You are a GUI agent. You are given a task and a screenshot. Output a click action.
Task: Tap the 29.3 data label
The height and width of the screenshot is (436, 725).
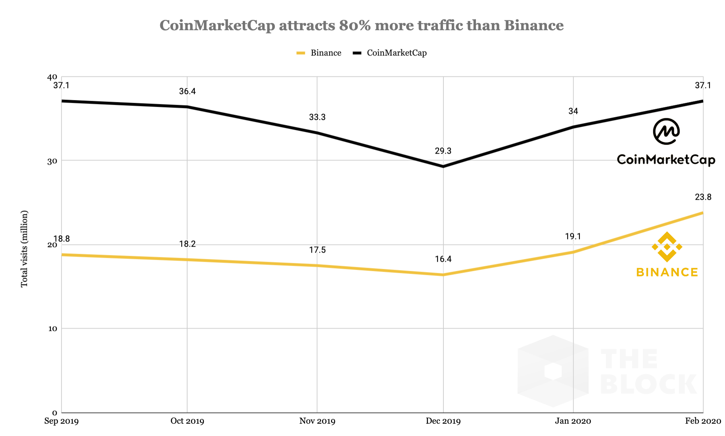click(443, 151)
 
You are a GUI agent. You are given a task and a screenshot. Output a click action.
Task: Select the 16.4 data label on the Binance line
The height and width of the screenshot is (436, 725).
click(443, 259)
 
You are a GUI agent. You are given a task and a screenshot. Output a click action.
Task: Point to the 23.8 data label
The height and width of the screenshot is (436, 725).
click(703, 197)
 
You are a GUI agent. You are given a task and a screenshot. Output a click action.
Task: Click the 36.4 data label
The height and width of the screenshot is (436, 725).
click(187, 92)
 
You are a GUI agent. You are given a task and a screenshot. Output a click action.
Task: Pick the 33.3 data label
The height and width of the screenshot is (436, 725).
click(317, 118)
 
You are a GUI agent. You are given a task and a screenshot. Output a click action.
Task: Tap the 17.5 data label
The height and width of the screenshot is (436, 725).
click(317, 250)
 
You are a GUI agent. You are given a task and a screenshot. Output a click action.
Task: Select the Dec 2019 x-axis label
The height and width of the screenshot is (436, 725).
click(443, 421)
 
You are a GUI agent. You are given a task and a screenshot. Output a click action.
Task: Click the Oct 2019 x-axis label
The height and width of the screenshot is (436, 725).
click(187, 421)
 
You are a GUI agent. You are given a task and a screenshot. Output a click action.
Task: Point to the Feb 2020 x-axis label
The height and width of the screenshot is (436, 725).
click(703, 421)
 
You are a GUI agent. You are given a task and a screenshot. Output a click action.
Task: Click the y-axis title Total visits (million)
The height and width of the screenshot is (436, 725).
click(25, 249)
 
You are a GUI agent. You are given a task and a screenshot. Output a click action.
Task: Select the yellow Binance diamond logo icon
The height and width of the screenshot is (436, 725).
click(667, 247)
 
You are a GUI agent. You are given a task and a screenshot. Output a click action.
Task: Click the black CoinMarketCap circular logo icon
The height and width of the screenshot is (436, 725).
click(666, 131)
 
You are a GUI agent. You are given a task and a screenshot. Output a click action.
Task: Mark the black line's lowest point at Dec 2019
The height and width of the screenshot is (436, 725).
click(443, 166)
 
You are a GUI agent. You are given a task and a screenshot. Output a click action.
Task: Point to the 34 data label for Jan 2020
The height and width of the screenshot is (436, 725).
click(573, 111)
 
